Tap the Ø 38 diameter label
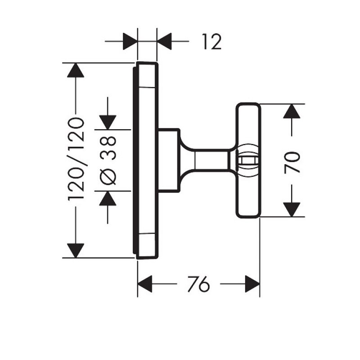point(108,160)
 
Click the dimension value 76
point(198,284)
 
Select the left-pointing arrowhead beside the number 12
point(165,42)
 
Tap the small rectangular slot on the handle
point(248,160)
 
